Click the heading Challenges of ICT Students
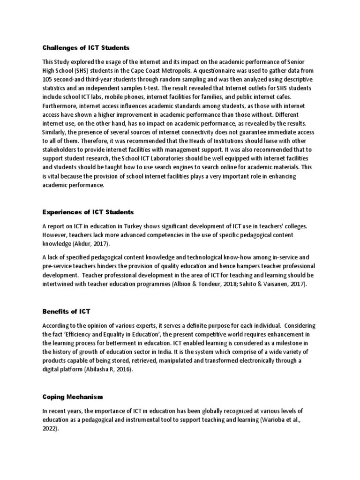pyautogui.click(x=86, y=48)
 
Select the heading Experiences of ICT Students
pyautogui.click(x=88, y=212)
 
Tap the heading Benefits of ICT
pyautogui.click(x=66, y=311)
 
